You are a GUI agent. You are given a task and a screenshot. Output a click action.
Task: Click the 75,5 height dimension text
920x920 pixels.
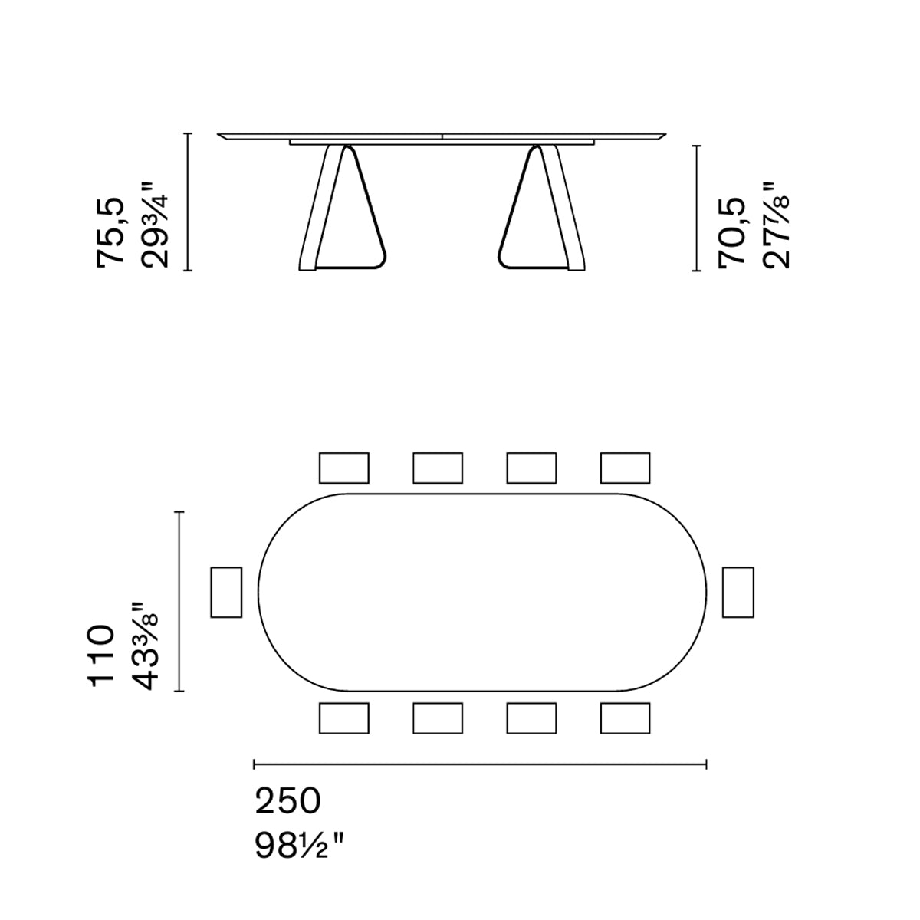coord(110,230)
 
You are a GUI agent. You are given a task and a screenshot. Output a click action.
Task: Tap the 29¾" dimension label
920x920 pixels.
coord(154,225)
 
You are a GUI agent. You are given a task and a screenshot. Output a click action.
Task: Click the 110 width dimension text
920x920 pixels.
coord(101,656)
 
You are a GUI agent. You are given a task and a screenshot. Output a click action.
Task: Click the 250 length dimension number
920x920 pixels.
coord(288,801)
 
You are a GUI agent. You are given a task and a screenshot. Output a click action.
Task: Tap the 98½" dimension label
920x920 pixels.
coord(299,845)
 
